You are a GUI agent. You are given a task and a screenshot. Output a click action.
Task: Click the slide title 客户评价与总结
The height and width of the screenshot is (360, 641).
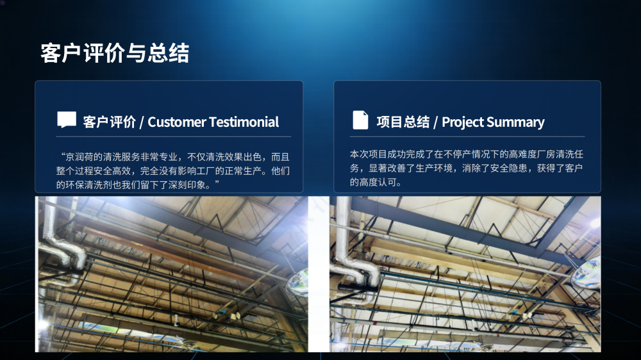tap(115, 53)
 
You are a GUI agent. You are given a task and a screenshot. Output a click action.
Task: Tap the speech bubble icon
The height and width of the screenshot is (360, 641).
tap(67, 119)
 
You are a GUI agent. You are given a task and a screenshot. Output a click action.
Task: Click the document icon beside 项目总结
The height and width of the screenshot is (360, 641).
tap(360, 120)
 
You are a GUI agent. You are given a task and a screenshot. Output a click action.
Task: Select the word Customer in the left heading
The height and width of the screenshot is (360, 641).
tap(177, 122)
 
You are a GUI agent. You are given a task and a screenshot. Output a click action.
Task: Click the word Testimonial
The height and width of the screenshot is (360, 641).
tap(244, 122)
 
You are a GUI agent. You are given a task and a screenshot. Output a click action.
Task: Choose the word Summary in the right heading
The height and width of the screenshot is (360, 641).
tap(515, 122)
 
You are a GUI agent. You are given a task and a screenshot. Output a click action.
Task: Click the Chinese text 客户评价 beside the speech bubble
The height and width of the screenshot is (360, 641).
tap(109, 122)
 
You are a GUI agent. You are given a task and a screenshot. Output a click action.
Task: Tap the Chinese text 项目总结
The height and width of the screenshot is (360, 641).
tap(403, 122)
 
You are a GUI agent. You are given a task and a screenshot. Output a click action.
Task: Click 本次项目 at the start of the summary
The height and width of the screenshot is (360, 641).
tap(369, 154)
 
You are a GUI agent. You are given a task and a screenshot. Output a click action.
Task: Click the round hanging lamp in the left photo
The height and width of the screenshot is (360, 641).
tap(299, 282)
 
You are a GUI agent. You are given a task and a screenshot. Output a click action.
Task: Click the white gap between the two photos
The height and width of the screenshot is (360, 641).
tap(319, 274)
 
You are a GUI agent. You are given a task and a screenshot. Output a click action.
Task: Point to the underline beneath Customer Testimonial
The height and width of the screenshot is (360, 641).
tap(174, 136)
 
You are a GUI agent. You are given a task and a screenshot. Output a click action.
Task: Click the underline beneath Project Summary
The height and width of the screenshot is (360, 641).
tap(467, 136)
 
